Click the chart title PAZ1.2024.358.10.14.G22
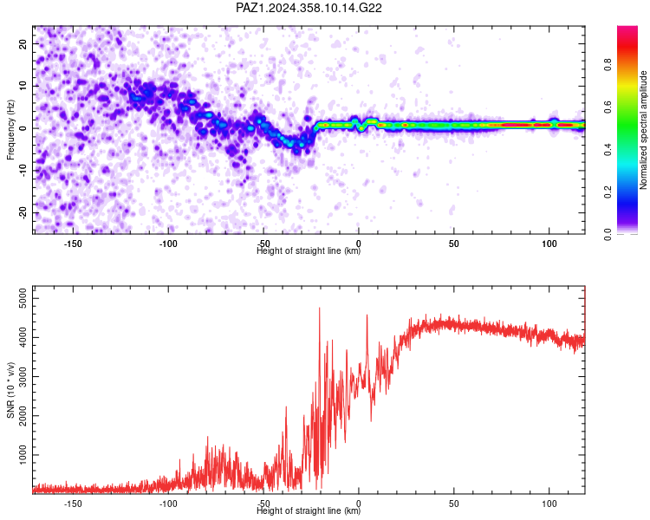[309, 8]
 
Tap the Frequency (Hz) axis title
[10, 130]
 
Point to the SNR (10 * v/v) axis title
[10, 390]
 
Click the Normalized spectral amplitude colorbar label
[643, 130]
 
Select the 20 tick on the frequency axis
[23, 43]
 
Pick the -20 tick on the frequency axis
[23, 213]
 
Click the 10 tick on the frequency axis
[23, 86]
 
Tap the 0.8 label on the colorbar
[608, 65]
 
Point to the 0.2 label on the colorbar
[608, 192]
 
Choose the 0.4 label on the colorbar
[608, 150]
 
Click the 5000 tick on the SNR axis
[23, 298]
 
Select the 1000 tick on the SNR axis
[23, 455]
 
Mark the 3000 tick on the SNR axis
[23, 376]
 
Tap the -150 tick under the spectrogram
[73, 244]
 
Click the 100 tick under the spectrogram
[549, 244]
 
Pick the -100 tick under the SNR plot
[168, 504]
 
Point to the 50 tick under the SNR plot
[454, 504]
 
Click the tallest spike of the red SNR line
[319, 308]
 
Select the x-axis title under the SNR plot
[309, 510]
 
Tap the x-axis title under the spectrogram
[309, 250]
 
